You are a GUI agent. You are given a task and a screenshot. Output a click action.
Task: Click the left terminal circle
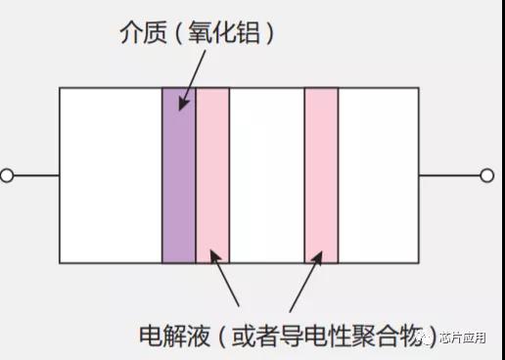click(7, 175)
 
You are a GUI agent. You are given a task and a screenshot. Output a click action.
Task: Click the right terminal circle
click(487, 175)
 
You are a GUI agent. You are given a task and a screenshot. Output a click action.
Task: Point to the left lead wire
click(36, 175)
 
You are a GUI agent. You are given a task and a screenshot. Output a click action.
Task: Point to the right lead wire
click(449, 175)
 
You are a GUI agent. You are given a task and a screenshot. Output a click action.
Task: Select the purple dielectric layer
click(179, 175)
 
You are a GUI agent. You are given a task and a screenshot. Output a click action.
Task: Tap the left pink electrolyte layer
click(212, 175)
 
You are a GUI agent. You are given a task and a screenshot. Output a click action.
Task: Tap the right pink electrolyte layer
click(321, 175)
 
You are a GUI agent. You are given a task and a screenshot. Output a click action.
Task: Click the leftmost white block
click(111, 175)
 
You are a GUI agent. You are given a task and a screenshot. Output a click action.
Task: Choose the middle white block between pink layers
click(267, 175)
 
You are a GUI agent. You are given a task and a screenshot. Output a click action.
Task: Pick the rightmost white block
click(379, 175)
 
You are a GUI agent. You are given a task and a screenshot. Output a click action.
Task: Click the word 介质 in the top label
click(144, 32)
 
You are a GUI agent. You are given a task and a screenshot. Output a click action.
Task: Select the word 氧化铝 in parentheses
click(224, 32)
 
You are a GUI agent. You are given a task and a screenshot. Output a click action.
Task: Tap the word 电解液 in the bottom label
click(174, 336)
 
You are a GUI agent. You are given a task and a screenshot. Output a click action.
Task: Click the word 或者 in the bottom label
click(255, 336)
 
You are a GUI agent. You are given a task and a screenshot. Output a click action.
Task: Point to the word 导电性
click(315, 336)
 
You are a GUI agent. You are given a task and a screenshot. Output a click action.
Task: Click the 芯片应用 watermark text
click(462, 337)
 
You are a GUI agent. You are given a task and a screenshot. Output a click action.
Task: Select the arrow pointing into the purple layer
click(193, 80)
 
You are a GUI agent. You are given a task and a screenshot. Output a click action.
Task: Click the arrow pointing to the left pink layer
click(224, 278)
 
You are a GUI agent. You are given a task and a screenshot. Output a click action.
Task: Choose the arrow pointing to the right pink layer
click(306, 282)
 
